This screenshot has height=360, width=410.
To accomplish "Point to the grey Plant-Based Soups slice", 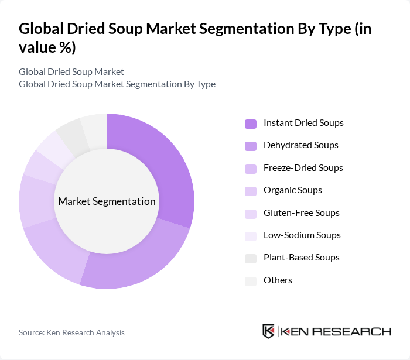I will [x=70, y=134].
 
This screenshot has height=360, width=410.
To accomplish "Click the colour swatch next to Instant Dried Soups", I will [x=251, y=124].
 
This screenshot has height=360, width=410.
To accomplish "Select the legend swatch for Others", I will [x=251, y=281].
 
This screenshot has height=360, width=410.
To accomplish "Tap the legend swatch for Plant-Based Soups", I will [x=251, y=258].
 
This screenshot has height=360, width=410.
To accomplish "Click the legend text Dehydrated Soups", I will [x=301, y=145].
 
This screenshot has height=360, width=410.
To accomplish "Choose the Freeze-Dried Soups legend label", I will [x=303, y=168].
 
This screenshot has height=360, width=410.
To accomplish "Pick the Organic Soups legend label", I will [x=293, y=190].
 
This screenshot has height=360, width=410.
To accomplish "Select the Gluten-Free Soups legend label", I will [x=302, y=213].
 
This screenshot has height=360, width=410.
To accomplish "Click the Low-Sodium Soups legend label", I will [x=302, y=235].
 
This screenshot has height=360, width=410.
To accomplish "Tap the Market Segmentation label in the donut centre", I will [x=107, y=201].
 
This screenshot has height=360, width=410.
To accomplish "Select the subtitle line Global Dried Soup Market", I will [x=71, y=71].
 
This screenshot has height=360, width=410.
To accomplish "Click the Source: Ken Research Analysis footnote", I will [x=71, y=332].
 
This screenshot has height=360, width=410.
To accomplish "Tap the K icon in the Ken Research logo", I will [x=268, y=331].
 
